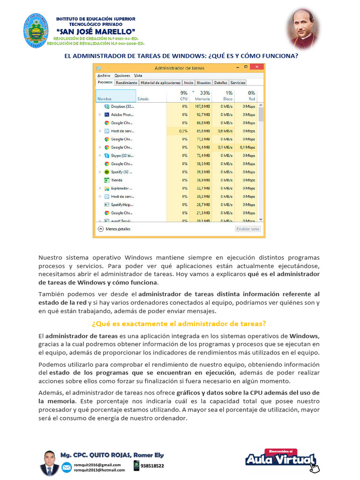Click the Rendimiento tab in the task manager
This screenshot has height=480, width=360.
point(127,82)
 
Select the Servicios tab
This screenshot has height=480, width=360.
point(238,82)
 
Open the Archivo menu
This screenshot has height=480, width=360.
point(104,75)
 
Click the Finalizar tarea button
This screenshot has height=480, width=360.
point(247,229)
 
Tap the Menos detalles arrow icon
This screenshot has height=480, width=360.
point(100,229)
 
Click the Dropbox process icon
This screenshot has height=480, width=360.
point(107,106)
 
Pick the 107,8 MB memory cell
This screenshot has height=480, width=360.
point(203,106)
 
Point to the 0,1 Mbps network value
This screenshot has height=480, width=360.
point(247,147)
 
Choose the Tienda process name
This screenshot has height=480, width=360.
point(117,180)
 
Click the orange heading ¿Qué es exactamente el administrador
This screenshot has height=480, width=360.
point(179,323)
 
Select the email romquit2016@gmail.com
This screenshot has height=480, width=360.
point(97,465)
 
